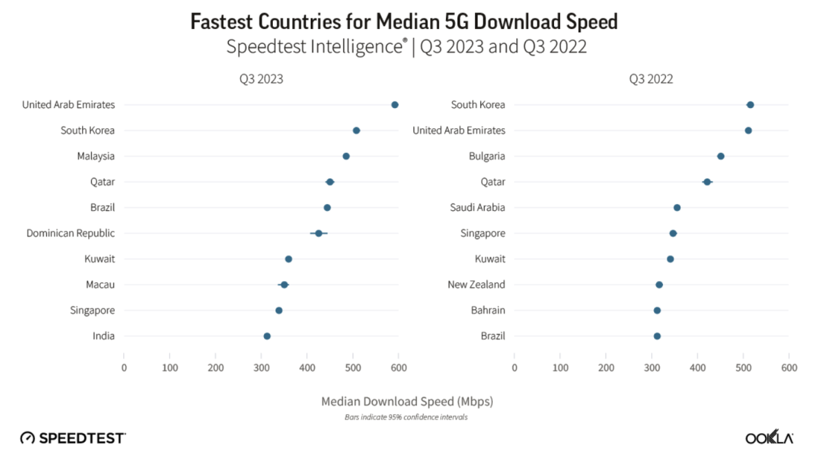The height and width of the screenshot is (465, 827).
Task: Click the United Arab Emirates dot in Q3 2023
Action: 395,105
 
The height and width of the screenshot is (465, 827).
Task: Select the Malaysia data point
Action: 346,156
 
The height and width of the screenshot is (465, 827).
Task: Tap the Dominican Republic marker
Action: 318,234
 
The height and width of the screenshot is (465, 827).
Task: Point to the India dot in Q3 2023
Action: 267,336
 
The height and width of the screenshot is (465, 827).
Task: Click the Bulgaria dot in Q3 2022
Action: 721,156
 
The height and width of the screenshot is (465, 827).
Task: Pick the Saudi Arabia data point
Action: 677,207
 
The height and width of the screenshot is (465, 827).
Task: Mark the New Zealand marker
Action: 659,285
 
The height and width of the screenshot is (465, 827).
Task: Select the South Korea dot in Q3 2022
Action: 751,105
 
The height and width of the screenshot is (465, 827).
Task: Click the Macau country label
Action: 101,285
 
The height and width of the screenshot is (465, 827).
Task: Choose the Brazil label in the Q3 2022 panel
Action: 493,336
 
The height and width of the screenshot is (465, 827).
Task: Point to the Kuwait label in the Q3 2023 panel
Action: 100,259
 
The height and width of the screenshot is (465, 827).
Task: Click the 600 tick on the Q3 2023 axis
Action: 398,368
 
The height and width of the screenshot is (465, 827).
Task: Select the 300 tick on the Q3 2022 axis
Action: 652,368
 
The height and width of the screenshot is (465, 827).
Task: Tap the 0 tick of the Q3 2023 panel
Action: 124,368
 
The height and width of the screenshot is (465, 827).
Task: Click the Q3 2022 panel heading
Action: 651,79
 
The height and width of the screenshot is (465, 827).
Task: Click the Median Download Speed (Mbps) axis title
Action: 407,401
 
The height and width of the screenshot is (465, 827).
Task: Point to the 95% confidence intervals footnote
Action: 407,417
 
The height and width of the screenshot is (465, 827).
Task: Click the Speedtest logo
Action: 73,438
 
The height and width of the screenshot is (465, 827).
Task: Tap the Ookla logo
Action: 769,438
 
